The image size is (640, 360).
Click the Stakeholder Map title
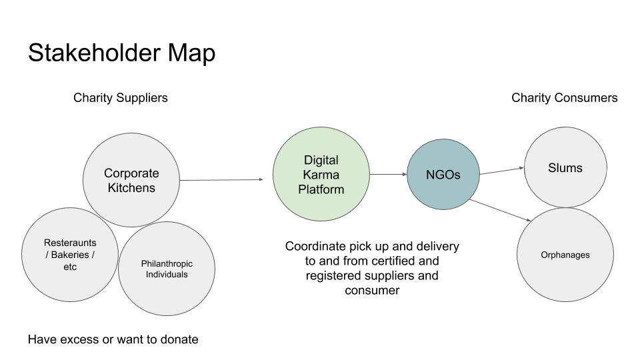pyautogui.click(x=121, y=53)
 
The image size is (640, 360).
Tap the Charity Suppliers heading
pyautogui.click(x=120, y=98)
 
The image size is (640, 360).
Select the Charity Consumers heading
pyautogui.click(x=564, y=98)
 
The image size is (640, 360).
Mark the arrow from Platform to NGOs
pyautogui.click(x=388, y=175)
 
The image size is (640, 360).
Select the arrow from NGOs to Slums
pyautogui.click(x=501, y=171)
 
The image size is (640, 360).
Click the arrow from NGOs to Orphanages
pyautogui.click(x=500, y=210)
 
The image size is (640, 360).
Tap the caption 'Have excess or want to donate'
pyautogui.click(x=113, y=339)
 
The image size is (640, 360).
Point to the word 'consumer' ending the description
pyautogui.click(x=372, y=290)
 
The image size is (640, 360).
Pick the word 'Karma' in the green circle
pyautogui.click(x=321, y=175)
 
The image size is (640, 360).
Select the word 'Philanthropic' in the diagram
pyautogui.click(x=167, y=263)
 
